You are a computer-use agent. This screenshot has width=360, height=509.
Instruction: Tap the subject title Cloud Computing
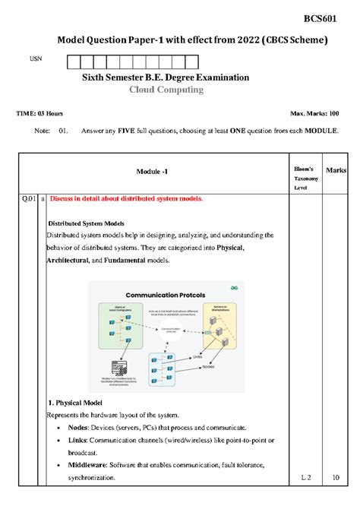coord(166,90)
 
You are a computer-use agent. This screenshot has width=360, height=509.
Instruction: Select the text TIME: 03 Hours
coord(39,113)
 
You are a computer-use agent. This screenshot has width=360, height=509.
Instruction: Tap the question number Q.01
coord(29,198)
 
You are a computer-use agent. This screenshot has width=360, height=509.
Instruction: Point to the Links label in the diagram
coord(197,355)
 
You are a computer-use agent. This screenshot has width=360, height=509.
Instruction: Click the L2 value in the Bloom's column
coord(305,478)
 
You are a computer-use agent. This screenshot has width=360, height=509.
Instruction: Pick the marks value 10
coord(336,478)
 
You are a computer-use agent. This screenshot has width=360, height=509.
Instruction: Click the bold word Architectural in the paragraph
coord(67,261)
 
